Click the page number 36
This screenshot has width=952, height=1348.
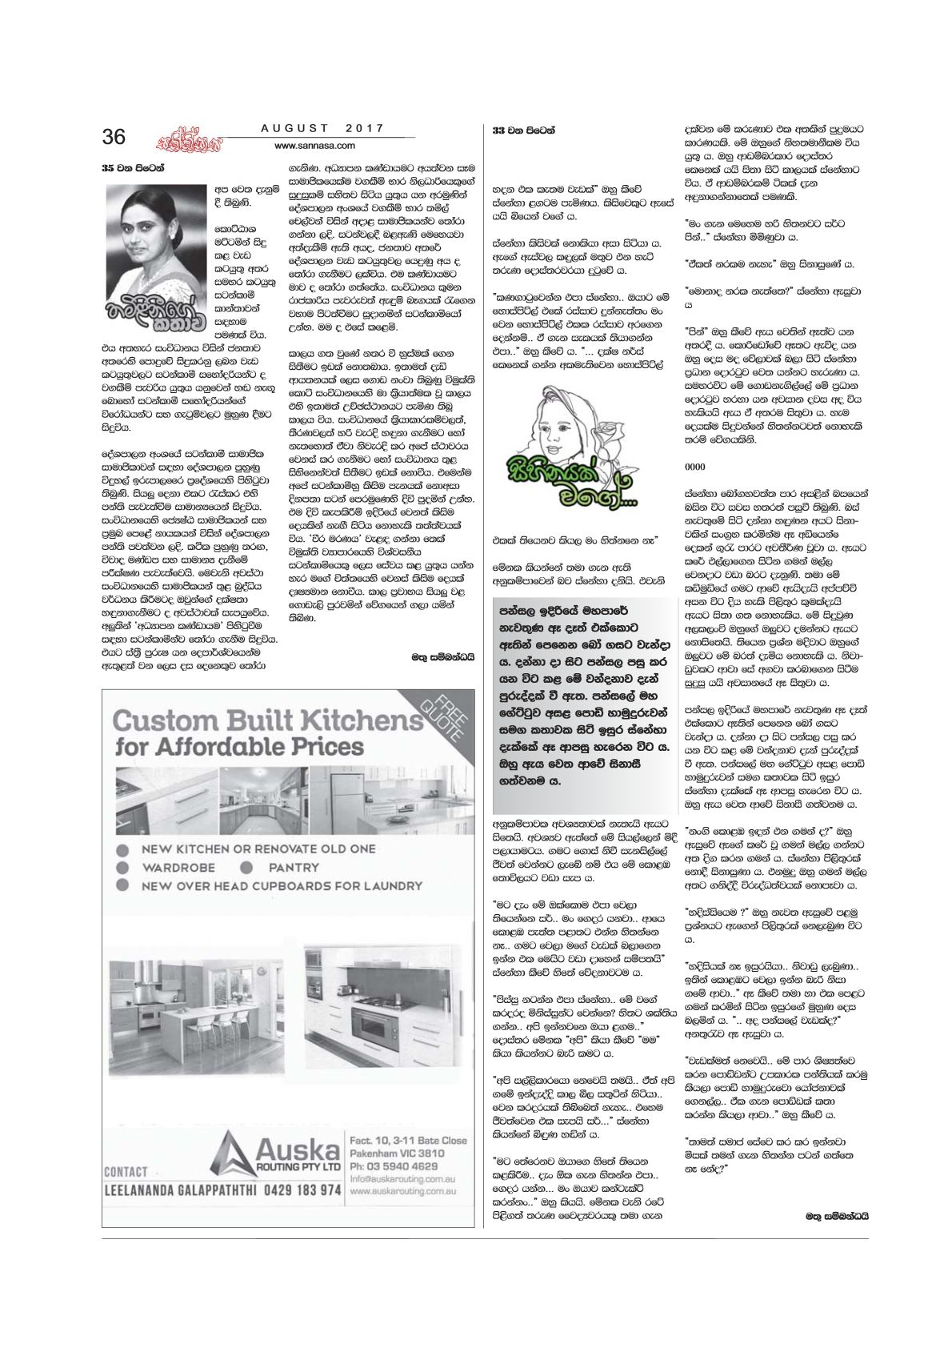click(x=114, y=137)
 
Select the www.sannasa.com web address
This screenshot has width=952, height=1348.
click(x=314, y=146)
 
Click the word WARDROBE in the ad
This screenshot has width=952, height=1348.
click(x=180, y=867)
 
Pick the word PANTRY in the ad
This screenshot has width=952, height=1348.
click(x=294, y=867)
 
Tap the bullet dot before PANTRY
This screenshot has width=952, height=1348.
click(x=250, y=867)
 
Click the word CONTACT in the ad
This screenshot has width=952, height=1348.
click(x=126, y=1171)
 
